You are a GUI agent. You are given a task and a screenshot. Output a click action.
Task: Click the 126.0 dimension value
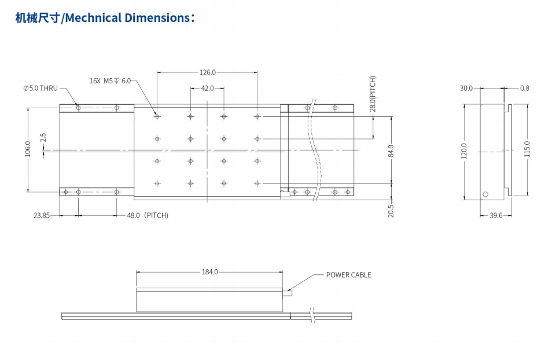pyautogui.click(x=208, y=72)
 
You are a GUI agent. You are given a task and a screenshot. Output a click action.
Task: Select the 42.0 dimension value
pyautogui.click(x=208, y=88)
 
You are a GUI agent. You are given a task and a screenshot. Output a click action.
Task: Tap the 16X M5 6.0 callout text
pyautogui.click(x=111, y=81)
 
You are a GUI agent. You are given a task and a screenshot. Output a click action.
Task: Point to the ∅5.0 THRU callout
pyautogui.click(x=40, y=88)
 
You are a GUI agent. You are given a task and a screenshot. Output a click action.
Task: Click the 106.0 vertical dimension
pyautogui.click(x=27, y=150)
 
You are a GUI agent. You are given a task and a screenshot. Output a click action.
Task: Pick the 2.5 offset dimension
pyautogui.click(x=43, y=137)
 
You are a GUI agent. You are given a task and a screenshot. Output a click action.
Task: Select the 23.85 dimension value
pyautogui.click(x=42, y=215)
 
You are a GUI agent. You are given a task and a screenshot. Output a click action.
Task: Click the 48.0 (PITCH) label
pyautogui.click(x=148, y=215)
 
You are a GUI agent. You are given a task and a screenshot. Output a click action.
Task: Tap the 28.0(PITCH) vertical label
pyautogui.click(x=373, y=94)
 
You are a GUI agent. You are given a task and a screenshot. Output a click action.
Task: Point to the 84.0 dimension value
pyautogui.click(x=391, y=150)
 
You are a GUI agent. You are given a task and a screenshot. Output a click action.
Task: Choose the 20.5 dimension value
pyautogui.click(x=391, y=211)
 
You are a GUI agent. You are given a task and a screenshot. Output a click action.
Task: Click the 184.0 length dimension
pyautogui.click(x=209, y=271)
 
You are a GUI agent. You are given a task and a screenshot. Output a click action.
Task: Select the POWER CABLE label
pyautogui.click(x=349, y=275)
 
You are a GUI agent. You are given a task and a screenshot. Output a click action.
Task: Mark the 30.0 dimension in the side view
pyautogui.click(x=466, y=88)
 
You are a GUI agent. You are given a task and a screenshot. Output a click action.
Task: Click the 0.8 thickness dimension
pyautogui.click(x=525, y=88)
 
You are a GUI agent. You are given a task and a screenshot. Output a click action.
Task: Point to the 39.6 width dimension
pyautogui.click(x=496, y=215)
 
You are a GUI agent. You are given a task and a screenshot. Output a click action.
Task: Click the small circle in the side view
pyautogui.click(x=486, y=194)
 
